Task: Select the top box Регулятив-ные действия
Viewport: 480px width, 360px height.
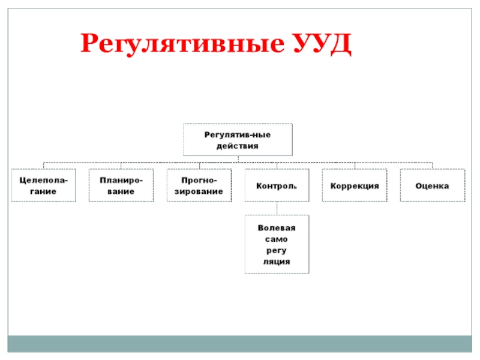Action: (238, 140)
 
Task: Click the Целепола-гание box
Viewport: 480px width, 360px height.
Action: (43, 185)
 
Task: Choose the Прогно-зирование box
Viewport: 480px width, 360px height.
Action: (199, 185)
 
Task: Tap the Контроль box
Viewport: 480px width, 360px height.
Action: (277, 185)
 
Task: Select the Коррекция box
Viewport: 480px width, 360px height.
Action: (355, 185)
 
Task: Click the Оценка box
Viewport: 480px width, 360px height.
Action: (432, 185)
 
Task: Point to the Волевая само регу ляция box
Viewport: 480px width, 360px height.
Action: (277, 244)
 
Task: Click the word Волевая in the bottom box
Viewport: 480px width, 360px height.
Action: (277, 228)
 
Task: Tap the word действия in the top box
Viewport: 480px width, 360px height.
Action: (238, 146)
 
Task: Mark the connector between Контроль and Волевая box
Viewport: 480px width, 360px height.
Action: (277, 208)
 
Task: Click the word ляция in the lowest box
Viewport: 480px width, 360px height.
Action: (277, 262)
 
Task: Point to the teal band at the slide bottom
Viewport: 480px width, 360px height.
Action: (240, 343)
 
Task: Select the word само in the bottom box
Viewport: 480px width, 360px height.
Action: (277, 239)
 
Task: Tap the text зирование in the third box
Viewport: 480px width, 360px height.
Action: (199, 191)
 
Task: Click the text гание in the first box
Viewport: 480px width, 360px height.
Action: (43, 191)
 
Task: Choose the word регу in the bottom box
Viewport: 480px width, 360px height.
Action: (277, 250)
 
